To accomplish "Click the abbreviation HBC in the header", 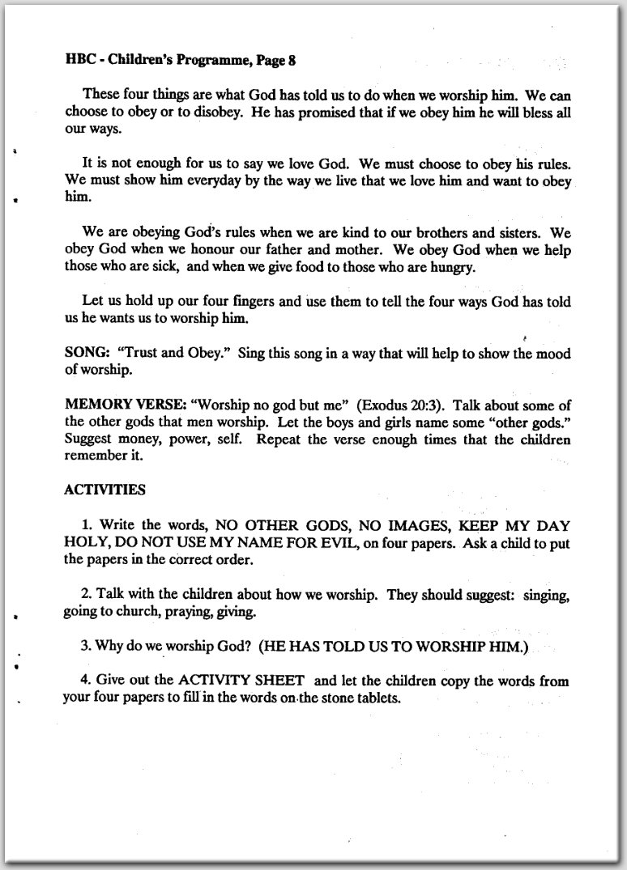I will (79, 58).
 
